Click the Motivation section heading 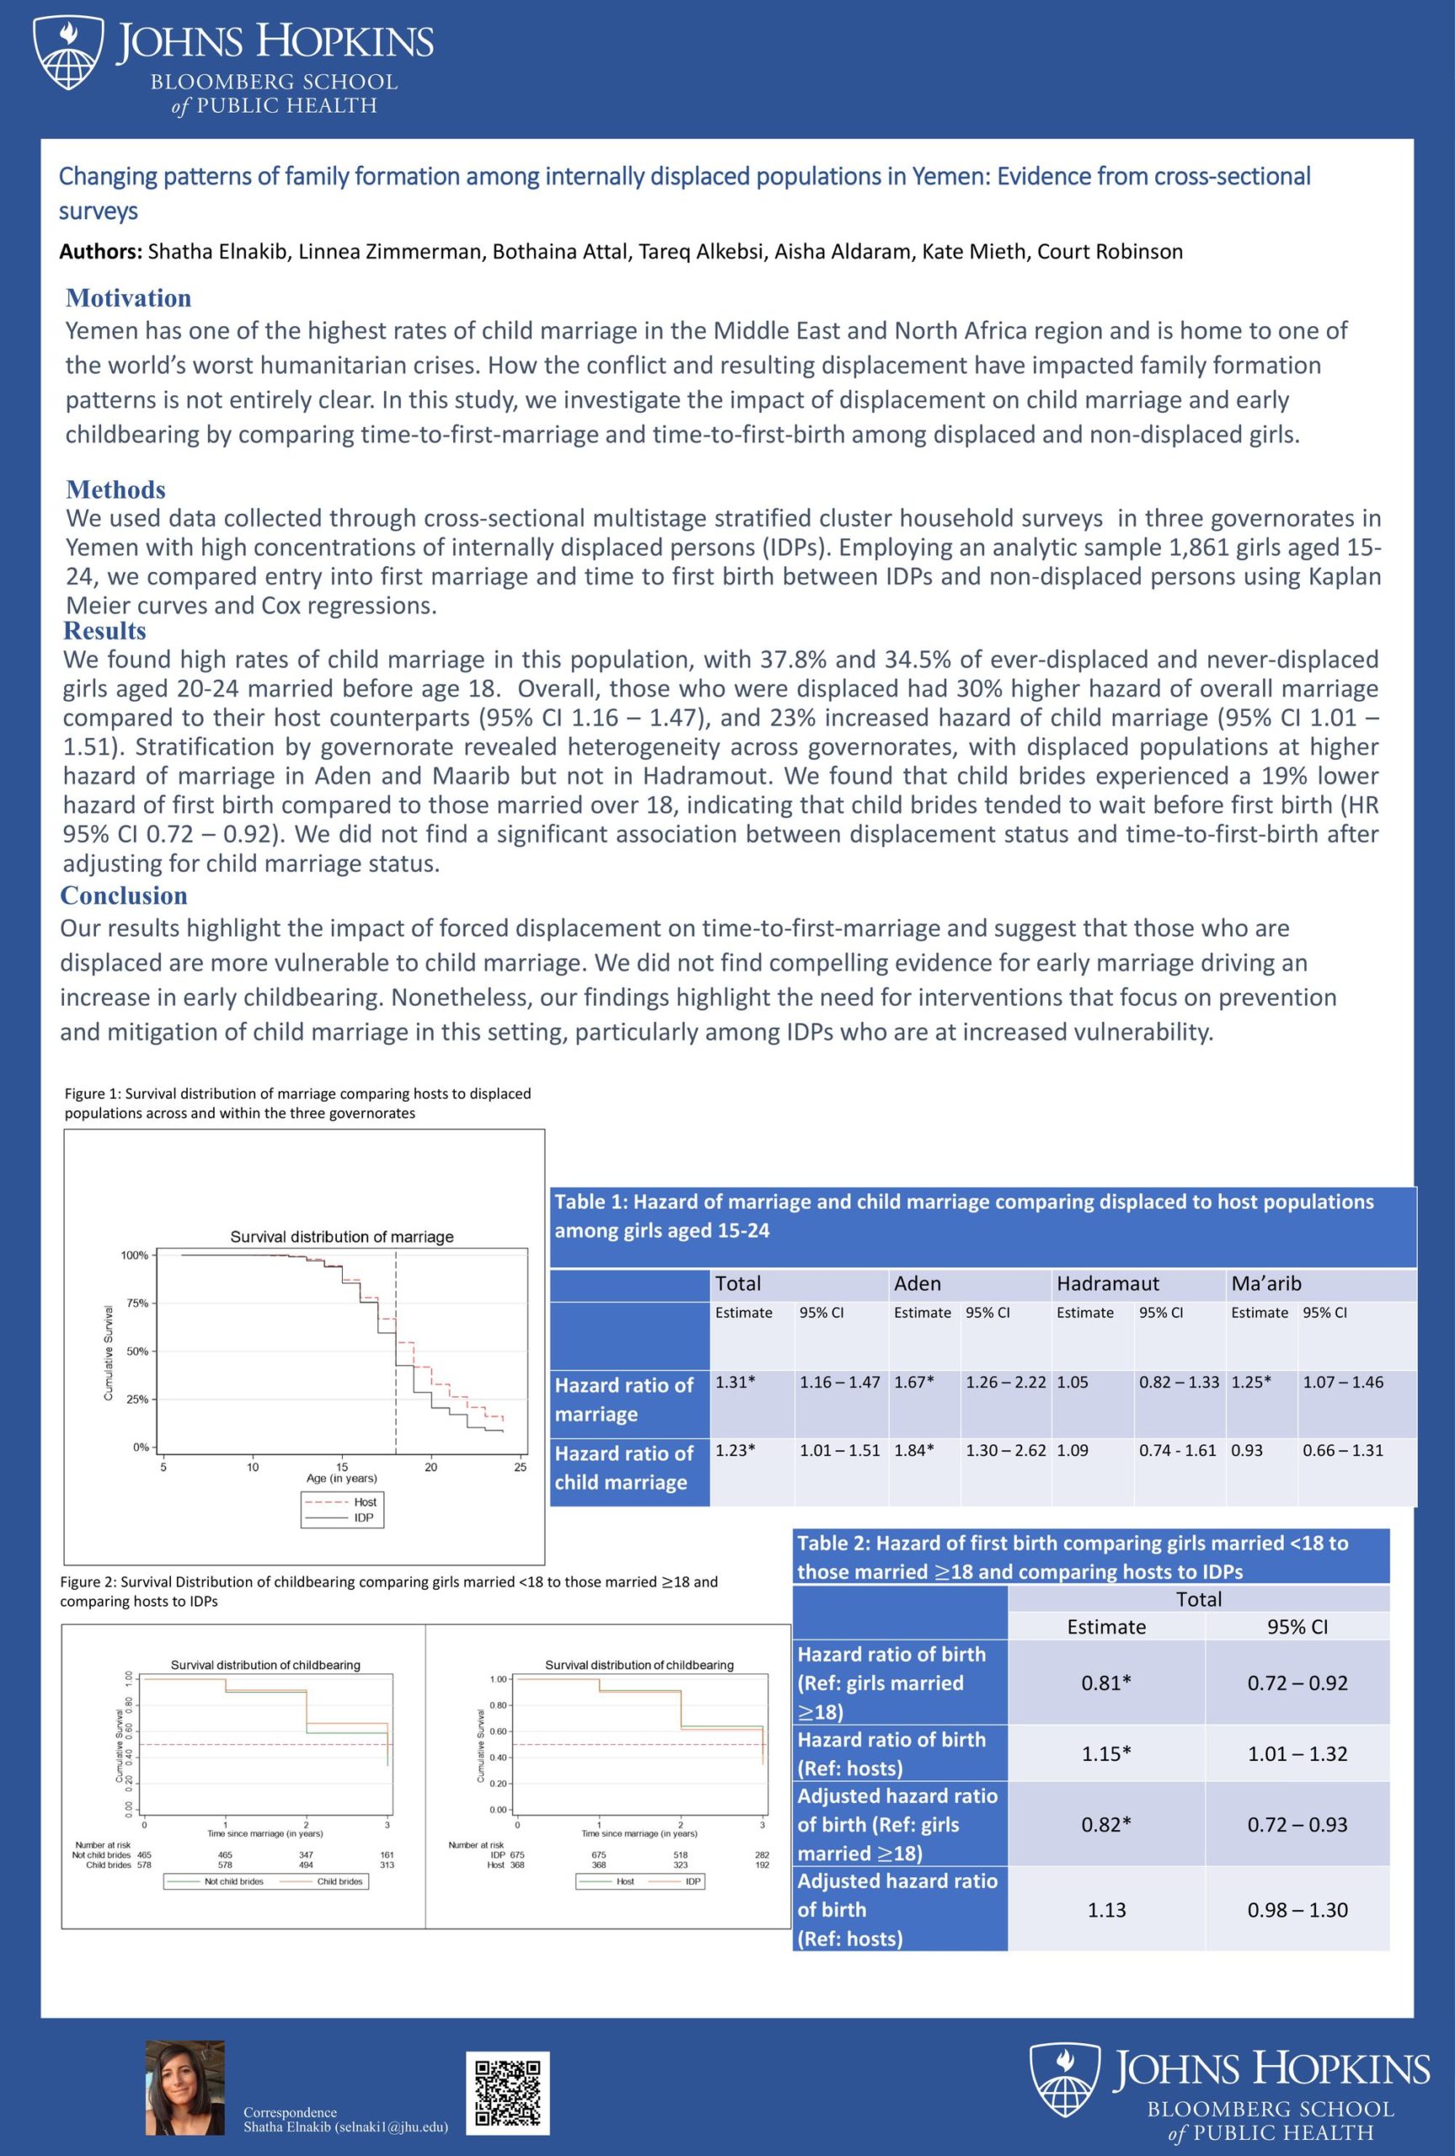[x=128, y=298]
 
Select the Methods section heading [x=116, y=489]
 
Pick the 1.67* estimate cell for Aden [x=914, y=1381]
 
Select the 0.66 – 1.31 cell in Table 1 [x=1342, y=1450]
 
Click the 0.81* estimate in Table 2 [x=1106, y=1683]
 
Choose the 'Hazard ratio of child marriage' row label [x=623, y=1468]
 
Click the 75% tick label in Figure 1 [x=137, y=1304]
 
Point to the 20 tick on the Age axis [x=431, y=1467]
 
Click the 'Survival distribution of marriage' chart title [x=341, y=1236]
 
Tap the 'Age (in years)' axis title [x=341, y=1478]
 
